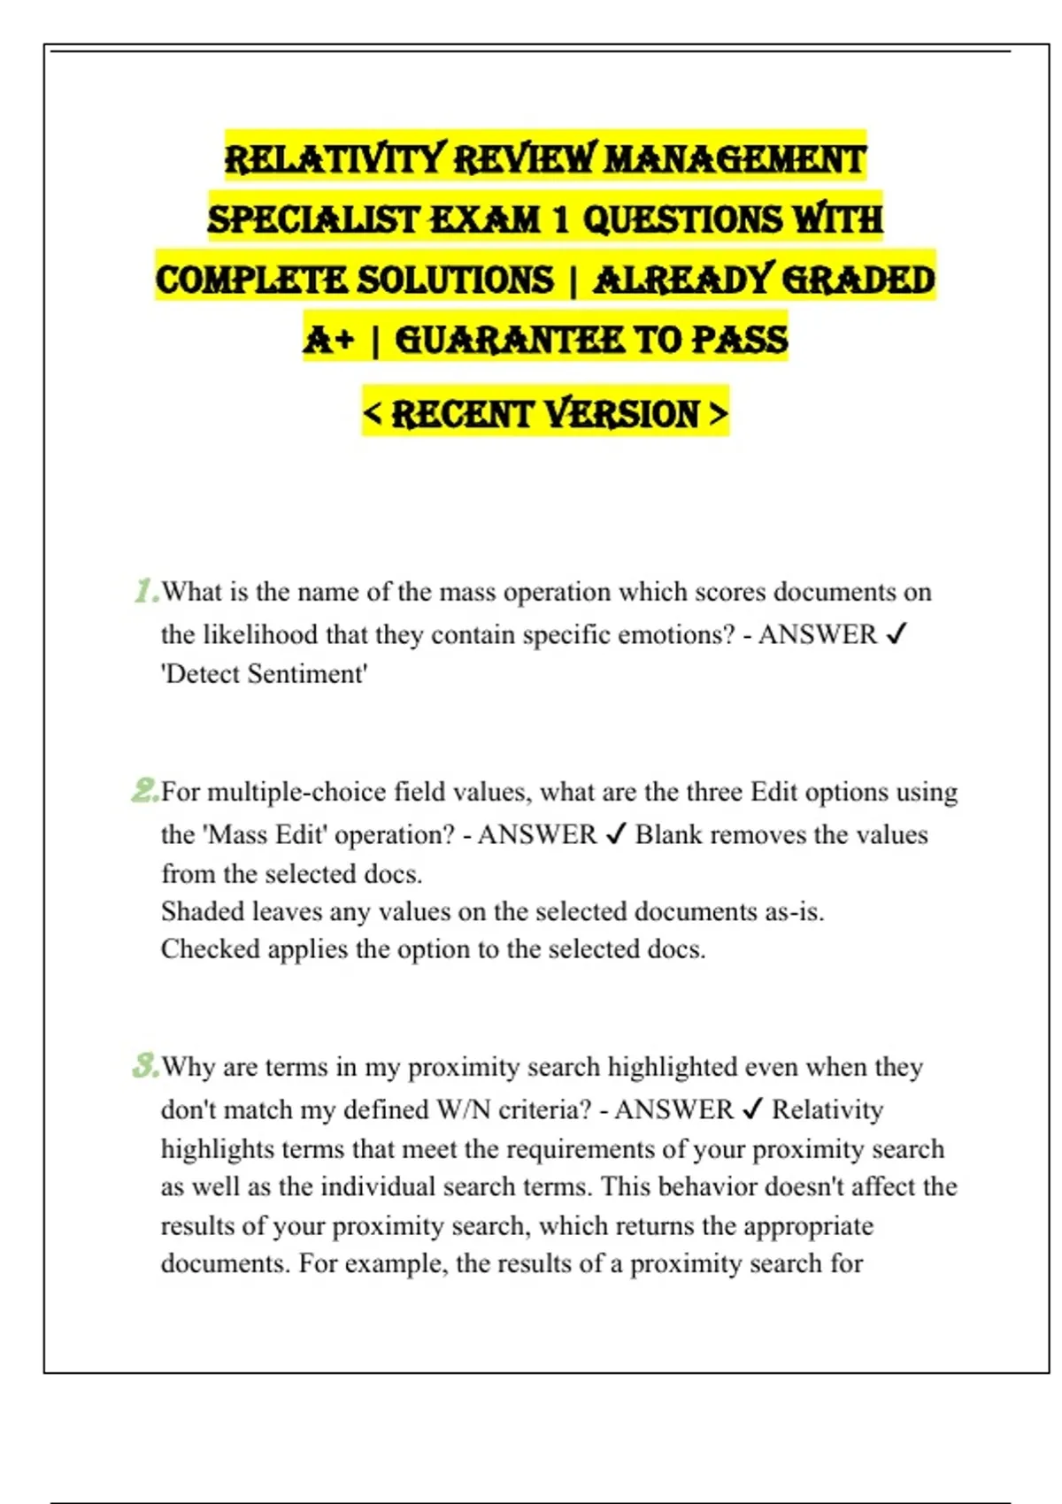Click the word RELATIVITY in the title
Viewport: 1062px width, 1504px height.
click(333, 159)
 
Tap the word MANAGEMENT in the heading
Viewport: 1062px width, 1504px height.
click(735, 159)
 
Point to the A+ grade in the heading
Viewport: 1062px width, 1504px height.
click(328, 340)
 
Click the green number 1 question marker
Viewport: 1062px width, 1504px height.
click(144, 590)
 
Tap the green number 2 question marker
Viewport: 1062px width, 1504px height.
click(144, 790)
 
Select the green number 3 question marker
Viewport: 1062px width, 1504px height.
click(144, 1065)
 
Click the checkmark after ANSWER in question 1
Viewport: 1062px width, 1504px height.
click(896, 633)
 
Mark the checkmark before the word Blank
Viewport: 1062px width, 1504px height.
click(616, 833)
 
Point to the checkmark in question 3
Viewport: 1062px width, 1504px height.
click(752, 1109)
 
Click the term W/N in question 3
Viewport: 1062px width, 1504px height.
click(464, 1109)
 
